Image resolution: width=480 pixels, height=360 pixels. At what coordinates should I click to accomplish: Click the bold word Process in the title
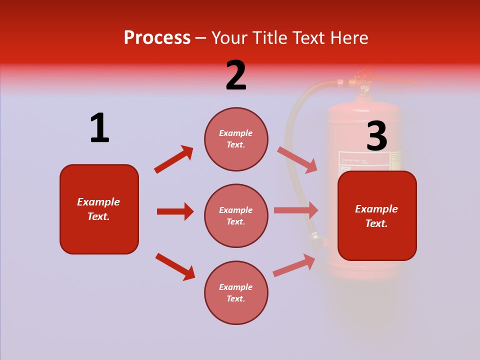click(x=157, y=38)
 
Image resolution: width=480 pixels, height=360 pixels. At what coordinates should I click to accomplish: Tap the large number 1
click(x=99, y=128)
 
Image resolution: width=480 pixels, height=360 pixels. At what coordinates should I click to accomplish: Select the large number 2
click(x=236, y=75)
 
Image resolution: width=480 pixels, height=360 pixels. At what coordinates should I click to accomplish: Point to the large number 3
click(x=376, y=136)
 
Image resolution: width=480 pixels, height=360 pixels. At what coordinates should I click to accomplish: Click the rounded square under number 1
click(x=99, y=209)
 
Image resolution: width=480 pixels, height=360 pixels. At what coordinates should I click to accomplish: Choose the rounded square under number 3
click(x=377, y=215)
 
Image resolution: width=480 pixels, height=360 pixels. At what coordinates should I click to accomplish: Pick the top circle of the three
click(x=236, y=139)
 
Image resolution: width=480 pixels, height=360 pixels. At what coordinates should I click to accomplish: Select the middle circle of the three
click(x=236, y=215)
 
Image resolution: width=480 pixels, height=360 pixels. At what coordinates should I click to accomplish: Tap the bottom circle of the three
click(x=236, y=292)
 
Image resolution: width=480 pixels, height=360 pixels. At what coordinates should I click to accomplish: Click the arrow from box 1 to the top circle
click(x=173, y=159)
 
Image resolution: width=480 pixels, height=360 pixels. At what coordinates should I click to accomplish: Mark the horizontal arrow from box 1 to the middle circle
click(x=175, y=211)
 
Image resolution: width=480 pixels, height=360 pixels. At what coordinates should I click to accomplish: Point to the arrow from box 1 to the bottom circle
click(x=175, y=266)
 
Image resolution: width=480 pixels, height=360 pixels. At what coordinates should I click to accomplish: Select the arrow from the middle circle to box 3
click(x=296, y=210)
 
